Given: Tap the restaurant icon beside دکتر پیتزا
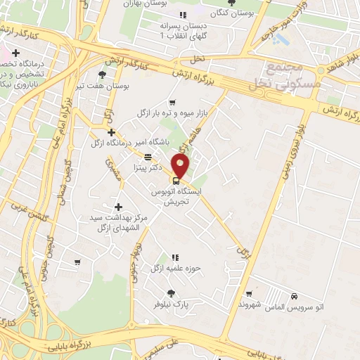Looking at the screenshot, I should coord(148,157).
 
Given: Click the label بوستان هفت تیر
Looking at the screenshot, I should coord(108,85).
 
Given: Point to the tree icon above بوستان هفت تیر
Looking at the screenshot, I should coord(103,74).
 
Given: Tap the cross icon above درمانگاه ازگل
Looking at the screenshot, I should coord(111,131).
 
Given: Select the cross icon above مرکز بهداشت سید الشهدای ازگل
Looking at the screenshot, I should coord(117,207).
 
